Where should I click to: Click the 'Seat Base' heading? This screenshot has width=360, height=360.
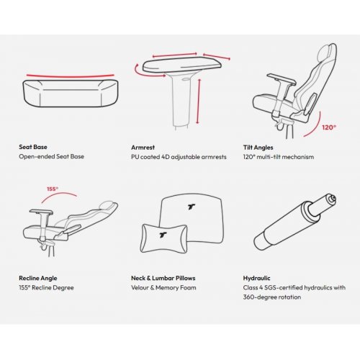33,147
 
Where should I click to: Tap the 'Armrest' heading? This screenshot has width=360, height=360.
143,148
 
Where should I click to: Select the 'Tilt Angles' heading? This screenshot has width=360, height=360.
258,148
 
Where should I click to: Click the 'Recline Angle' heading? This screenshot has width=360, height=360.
38,278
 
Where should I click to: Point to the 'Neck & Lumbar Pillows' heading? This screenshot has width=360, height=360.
163,278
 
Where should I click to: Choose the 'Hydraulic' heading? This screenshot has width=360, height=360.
256,278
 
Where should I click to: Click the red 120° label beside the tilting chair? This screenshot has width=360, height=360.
329,127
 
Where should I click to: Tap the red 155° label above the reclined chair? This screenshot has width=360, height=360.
53,189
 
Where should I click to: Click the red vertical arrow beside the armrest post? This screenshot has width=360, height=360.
198,101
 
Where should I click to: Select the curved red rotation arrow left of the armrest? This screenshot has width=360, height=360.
138,72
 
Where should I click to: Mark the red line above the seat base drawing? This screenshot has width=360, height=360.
71,76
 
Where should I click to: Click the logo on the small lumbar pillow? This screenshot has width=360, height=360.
163,235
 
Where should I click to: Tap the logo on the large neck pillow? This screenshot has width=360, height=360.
192,207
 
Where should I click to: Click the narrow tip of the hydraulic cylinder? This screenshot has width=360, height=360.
333,199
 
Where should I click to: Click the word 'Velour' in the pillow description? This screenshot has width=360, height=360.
140,287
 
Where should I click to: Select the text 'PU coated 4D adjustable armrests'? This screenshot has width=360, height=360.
179,157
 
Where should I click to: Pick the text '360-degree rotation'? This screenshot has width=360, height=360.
272,297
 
